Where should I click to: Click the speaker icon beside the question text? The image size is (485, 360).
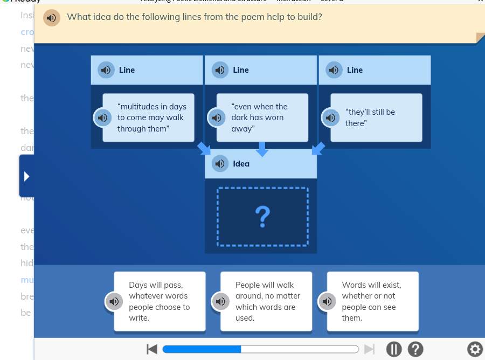tap(51, 18)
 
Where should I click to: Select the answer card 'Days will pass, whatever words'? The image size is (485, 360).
tap(160, 301)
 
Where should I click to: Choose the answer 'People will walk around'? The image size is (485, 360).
tap(266, 301)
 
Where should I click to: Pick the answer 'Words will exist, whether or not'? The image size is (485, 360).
tap(372, 301)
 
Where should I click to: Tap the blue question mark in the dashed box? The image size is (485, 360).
tap(262, 217)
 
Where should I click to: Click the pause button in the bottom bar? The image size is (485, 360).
tap(394, 349)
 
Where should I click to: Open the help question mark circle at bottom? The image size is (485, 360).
tap(415, 349)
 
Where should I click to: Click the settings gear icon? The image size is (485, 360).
tap(475, 349)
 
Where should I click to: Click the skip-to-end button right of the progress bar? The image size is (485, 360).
tap(369, 349)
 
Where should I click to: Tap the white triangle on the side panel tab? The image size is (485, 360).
tap(26, 176)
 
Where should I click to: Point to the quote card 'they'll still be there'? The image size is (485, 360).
tap(376, 117)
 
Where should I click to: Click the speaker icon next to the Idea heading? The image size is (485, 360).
tap(220, 163)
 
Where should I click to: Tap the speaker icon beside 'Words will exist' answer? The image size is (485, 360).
tap(326, 301)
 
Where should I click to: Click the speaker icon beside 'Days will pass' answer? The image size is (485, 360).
tap(113, 301)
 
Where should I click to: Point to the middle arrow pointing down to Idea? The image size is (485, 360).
tap(262, 149)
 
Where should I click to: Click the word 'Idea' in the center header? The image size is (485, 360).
tap(241, 164)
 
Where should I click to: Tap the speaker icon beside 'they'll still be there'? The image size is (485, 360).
tap(330, 117)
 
